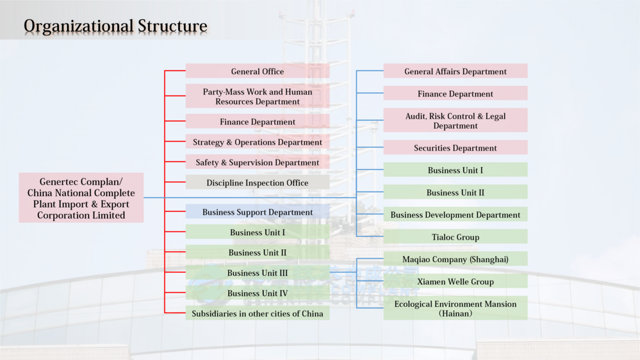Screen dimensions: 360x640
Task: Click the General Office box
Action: click(x=258, y=71)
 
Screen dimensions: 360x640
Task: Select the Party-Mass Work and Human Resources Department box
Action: click(x=258, y=96)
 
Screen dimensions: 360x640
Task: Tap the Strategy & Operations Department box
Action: click(x=258, y=142)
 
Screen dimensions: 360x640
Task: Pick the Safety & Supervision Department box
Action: click(x=258, y=163)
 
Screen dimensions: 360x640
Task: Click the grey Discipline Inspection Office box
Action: click(x=258, y=183)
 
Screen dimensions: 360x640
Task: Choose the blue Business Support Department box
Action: click(x=258, y=212)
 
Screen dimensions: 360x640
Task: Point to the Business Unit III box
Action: click(x=258, y=273)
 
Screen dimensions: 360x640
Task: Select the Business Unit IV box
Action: click(x=258, y=293)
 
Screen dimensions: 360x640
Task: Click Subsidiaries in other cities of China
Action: click(x=258, y=314)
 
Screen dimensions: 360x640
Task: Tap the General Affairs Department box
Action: click(x=455, y=71)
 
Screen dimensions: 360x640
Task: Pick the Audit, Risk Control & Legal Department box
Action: click(x=455, y=120)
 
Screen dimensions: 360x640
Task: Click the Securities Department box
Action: click(x=455, y=148)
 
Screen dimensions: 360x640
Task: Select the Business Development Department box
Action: click(x=455, y=215)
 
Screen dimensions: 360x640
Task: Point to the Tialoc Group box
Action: click(x=455, y=237)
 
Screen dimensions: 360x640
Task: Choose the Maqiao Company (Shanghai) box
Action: click(x=455, y=259)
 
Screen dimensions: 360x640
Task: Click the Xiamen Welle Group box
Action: click(x=455, y=281)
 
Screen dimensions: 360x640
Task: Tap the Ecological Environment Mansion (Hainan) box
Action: click(x=455, y=308)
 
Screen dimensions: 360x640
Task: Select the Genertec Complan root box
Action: click(x=81, y=199)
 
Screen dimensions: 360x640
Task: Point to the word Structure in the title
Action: click(x=172, y=26)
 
